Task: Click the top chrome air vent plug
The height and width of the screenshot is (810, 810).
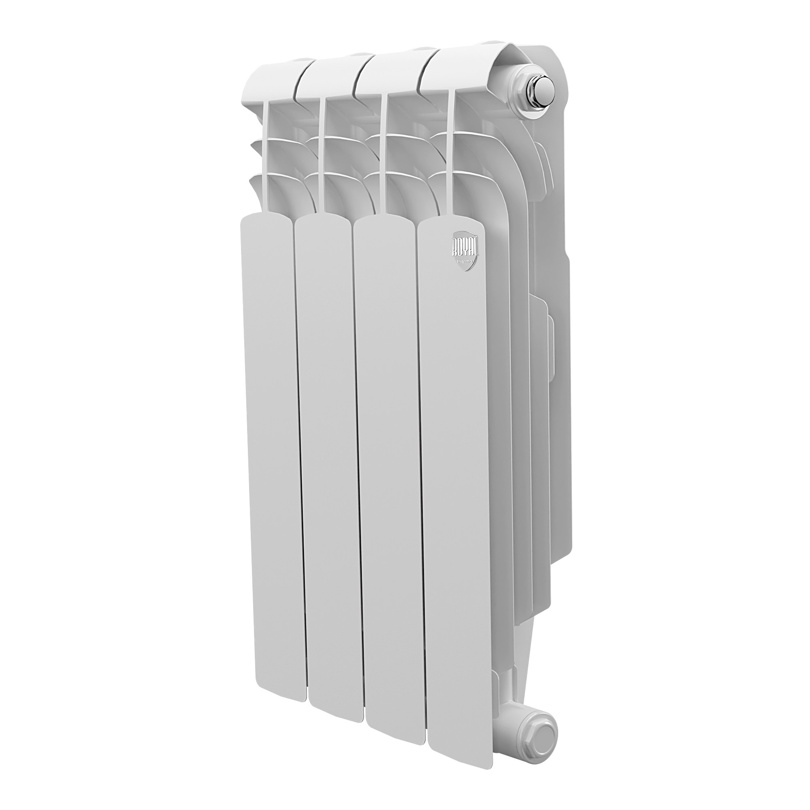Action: point(544,97)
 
